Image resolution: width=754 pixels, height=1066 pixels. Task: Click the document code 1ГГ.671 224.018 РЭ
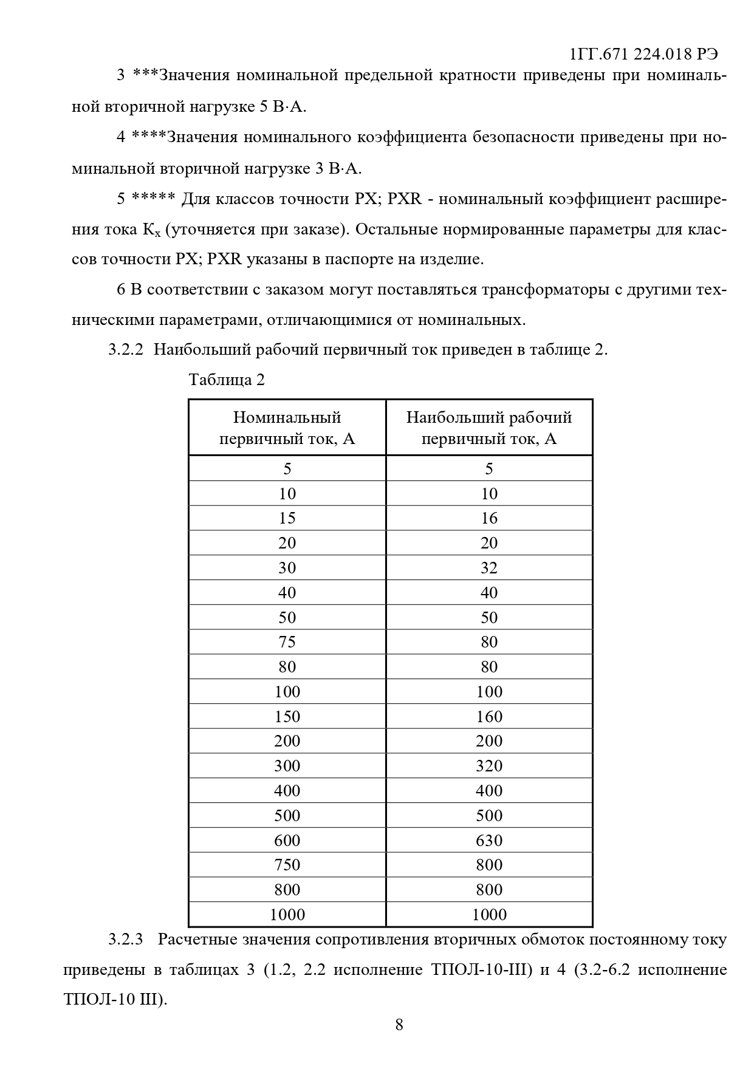[x=643, y=54]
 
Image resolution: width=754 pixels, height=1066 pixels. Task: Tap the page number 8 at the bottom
[x=399, y=1025]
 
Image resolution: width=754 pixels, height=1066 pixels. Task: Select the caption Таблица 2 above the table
[x=227, y=380]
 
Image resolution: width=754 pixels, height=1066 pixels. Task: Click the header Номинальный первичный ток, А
[x=287, y=428]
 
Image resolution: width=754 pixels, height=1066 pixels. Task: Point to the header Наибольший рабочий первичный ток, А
[x=489, y=428]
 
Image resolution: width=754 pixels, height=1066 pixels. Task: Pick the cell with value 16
[x=489, y=518]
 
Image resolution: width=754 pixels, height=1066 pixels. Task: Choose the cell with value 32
[x=489, y=568]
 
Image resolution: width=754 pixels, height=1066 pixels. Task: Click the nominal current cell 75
[x=287, y=642]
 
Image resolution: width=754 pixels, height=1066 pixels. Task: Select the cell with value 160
[x=489, y=717]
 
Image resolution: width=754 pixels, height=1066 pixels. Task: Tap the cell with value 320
[x=489, y=766]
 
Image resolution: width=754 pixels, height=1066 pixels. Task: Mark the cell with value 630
[x=489, y=841]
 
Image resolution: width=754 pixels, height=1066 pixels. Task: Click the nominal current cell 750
[x=287, y=865]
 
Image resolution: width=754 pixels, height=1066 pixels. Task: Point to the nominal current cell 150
[x=287, y=717]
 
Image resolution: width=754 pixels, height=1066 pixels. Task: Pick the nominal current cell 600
[x=287, y=841]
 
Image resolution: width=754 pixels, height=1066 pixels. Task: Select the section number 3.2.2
[x=125, y=350]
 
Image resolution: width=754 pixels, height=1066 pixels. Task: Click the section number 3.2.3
[x=125, y=939]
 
